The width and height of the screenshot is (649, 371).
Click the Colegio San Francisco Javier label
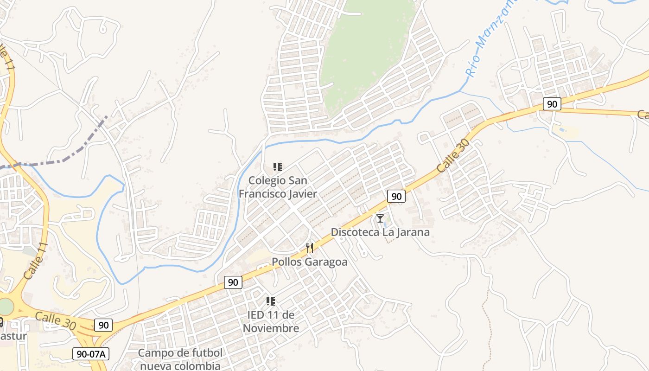pyautogui.click(x=278, y=187)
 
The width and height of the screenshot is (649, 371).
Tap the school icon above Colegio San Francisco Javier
pyautogui.click(x=278, y=167)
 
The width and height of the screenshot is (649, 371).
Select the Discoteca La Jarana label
pyautogui.click(x=380, y=232)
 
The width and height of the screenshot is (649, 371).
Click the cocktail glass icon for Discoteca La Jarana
pyautogui.click(x=380, y=218)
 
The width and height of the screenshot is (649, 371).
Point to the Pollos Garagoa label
pyautogui.click(x=310, y=262)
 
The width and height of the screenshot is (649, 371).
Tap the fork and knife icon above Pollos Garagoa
pyautogui.click(x=310, y=248)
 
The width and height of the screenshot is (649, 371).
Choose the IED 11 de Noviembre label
pyautogui.click(x=271, y=321)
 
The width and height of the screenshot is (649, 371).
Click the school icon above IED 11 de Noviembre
pyautogui.click(x=271, y=301)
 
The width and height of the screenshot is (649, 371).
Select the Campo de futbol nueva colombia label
pyautogui.click(x=180, y=359)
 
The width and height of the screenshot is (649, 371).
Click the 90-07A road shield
pyautogui.click(x=91, y=354)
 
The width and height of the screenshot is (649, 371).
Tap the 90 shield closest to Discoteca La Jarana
pyautogui.click(x=396, y=196)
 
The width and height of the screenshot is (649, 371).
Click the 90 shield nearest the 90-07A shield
pyautogui.click(x=103, y=325)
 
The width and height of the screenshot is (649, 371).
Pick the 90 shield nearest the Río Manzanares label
pyautogui.click(x=552, y=104)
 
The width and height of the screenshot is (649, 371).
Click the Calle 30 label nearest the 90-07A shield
pyautogui.click(x=56, y=321)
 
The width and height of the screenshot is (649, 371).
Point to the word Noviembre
pyautogui.click(x=271, y=328)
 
